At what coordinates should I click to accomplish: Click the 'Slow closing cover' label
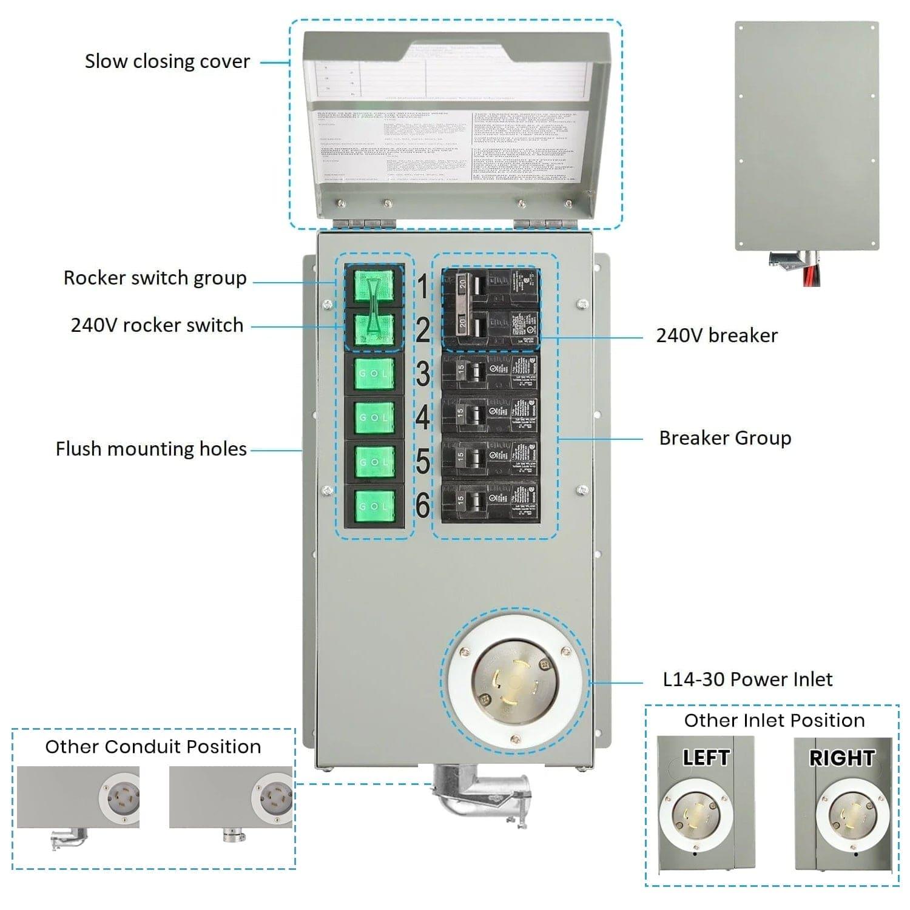pos(167,62)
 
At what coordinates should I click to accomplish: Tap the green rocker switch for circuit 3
pos(374,373)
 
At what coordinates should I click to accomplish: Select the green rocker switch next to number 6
pos(374,505)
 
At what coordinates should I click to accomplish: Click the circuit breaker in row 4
pos(490,416)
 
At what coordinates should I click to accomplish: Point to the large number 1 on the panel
pos(422,286)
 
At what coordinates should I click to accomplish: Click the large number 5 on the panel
pos(422,462)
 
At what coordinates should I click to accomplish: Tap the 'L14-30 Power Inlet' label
pos(747,679)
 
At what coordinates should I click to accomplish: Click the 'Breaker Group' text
pos(724,438)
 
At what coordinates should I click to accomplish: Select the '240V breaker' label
pos(716,335)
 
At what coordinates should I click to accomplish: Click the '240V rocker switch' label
pos(157,325)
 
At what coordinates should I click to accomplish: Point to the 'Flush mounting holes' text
pos(151,449)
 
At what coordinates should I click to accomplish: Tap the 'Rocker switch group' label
pos(155,278)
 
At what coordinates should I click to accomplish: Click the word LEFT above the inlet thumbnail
pos(705,758)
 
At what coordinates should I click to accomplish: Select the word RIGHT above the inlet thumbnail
pos(841,758)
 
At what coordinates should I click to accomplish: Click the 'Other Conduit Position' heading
pos(153,746)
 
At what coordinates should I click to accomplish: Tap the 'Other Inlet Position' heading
pos(774,720)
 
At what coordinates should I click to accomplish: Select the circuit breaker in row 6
pos(490,502)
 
